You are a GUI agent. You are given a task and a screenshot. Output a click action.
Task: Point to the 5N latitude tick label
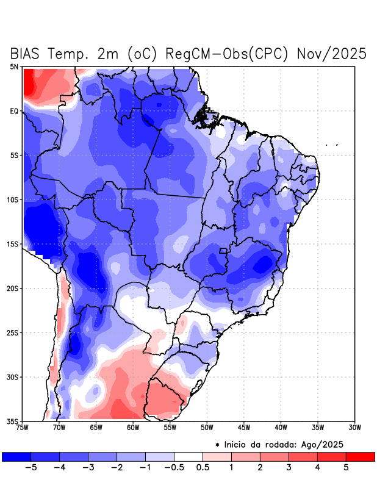coord(14,66)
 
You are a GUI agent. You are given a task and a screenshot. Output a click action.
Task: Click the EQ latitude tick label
coord(14,111)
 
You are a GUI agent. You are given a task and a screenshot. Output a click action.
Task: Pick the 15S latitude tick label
coord(13,244)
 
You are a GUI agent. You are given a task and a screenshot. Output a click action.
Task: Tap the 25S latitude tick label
coord(13,332)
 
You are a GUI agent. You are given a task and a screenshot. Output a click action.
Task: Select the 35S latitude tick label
coord(13,421)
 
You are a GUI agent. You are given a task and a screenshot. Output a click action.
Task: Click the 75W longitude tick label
coord(23,427)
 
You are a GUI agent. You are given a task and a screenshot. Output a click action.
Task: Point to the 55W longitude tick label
coord(171,427)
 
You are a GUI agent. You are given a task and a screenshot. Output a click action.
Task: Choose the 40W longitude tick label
coord(281,427)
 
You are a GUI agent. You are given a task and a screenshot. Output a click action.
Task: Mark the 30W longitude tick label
coord(355,427)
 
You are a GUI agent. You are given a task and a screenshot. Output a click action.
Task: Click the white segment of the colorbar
coord(188,456)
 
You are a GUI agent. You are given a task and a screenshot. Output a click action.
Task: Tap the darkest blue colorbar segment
coord(16,456)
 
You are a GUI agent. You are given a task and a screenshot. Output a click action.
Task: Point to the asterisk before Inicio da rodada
coord(217,445)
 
